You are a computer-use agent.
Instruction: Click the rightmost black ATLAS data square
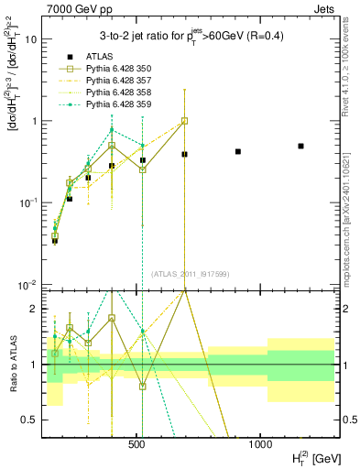coord(300,146)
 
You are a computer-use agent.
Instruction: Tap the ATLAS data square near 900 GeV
coord(238,151)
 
